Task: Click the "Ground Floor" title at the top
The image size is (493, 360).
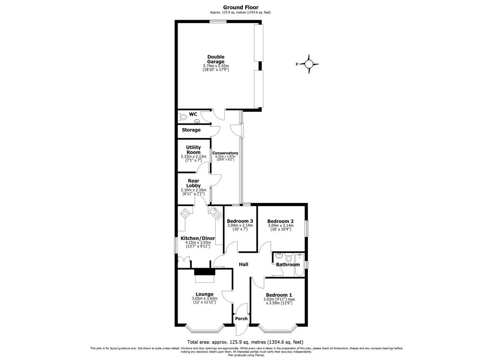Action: [x=240, y=7]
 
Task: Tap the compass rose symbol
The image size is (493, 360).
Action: [x=309, y=64]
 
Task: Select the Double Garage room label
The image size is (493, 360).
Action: [x=216, y=60]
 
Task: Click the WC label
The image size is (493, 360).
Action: [x=193, y=114]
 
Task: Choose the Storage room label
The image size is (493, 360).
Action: [x=191, y=130]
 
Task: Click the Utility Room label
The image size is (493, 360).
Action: [x=194, y=150]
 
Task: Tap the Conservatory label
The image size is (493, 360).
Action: [x=225, y=153]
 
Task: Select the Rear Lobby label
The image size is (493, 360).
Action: [x=194, y=183]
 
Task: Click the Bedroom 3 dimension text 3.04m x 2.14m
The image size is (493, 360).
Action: [x=240, y=225]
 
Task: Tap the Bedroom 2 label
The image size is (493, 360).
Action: [x=280, y=220]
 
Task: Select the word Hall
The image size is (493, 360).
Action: [x=244, y=264]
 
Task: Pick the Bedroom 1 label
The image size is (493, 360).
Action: [x=279, y=295]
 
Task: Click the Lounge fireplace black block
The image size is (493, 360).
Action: [x=204, y=272]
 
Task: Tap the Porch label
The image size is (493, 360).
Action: [x=241, y=319]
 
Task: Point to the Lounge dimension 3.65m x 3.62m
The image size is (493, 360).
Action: [x=205, y=298]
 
